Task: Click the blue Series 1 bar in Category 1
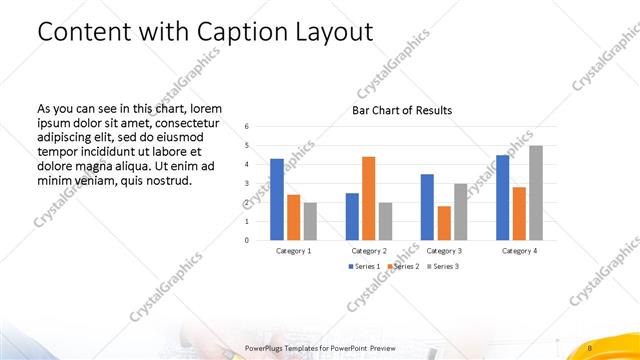coord(277,199)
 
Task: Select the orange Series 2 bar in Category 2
coord(368,198)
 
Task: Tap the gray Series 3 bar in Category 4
coord(536,193)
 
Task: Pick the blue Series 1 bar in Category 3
coord(427,207)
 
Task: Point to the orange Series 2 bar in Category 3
coord(444,223)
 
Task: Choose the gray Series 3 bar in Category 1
coord(310,221)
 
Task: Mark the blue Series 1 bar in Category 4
coord(503,197)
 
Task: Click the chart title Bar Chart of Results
coord(402,110)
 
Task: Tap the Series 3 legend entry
coord(442,266)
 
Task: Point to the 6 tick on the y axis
coord(247,126)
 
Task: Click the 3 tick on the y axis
coord(247,183)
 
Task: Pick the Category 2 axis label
coord(369,251)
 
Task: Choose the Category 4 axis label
coord(519,251)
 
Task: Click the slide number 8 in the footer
coord(591,347)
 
